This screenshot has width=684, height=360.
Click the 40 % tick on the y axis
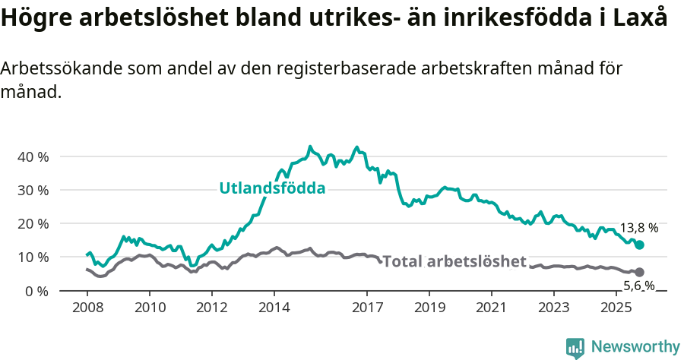(33, 156)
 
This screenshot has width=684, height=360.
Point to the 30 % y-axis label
(33, 190)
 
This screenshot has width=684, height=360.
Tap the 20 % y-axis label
(33, 223)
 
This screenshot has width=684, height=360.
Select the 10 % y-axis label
(33, 257)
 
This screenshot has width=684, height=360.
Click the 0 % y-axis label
(36, 291)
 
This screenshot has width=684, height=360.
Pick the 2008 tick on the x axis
(87, 308)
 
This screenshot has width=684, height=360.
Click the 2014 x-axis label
(274, 308)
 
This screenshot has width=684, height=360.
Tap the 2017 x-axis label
(367, 308)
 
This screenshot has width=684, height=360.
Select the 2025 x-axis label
(616, 308)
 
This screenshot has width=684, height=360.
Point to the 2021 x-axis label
(492, 308)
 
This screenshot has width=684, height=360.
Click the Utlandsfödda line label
(272, 188)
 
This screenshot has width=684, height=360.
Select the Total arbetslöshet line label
(454, 262)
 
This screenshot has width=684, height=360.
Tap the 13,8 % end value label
(639, 227)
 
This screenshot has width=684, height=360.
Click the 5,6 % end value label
(638, 286)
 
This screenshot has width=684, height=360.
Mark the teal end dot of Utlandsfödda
(639, 245)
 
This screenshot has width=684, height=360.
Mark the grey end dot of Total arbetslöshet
(639, 272)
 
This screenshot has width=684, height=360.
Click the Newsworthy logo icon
(575, 348)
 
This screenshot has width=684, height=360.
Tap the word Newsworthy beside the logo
(635, 347)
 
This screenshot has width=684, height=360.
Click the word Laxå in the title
(644, 19)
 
